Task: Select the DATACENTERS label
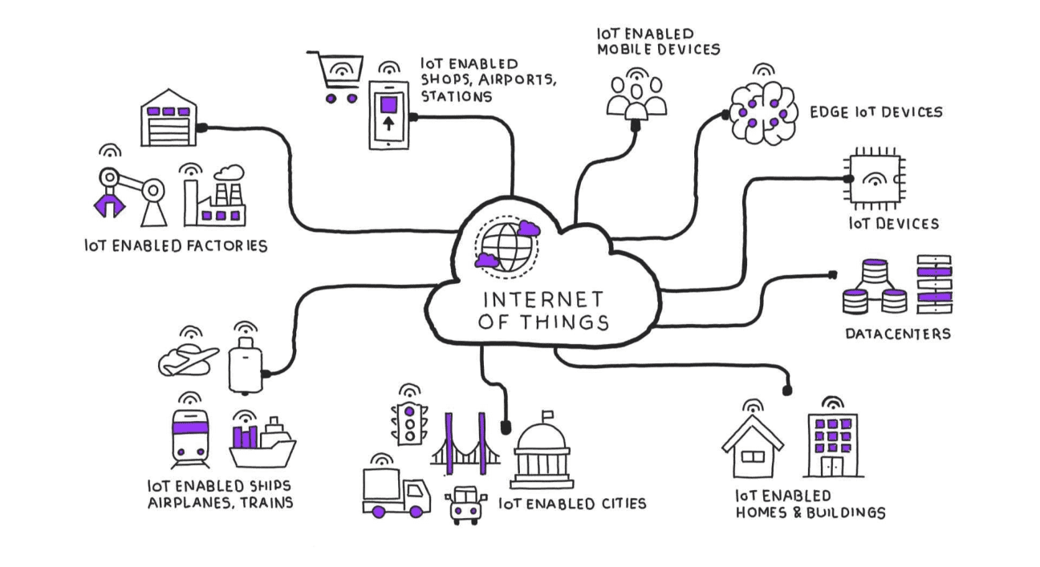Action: coord(897,333)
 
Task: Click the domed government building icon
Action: coord(543,453)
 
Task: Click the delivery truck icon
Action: coord(395,491)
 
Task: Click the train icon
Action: coord(190,439)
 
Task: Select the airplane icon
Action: coord(187,360)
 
